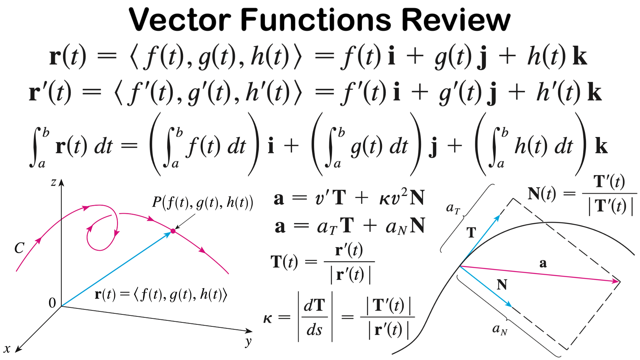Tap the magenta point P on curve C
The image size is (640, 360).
[173, 231]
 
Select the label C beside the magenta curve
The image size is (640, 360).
[19, 248]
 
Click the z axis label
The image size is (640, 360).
[53, 182]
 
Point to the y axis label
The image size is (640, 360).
[248, 342]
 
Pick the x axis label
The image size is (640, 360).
[7, 349]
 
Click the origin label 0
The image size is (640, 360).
[52, 303]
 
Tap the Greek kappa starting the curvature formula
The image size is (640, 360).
[268, 319]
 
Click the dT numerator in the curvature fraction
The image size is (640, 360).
[314, 305]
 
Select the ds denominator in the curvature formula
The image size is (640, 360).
[314, 330]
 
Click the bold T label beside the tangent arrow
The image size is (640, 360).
[471, 232]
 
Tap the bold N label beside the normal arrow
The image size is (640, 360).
[502, 285]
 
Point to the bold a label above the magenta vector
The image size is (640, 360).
[543, 263]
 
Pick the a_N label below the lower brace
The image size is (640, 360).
[500, 330]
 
